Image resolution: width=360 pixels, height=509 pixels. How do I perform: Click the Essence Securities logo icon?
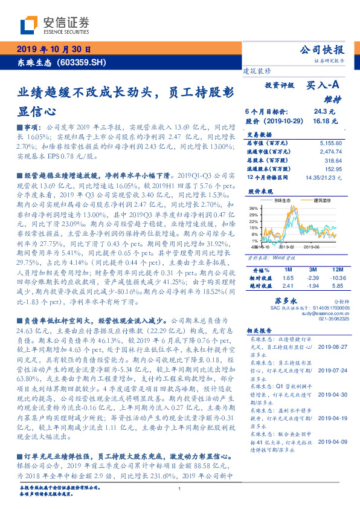point(28,25)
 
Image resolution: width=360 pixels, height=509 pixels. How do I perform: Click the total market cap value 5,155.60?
point(329,142)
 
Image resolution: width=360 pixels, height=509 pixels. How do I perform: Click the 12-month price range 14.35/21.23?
point(324,178)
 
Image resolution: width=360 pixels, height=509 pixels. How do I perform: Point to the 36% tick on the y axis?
point(253,207)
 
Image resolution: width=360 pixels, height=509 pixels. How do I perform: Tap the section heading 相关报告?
point(260,332)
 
